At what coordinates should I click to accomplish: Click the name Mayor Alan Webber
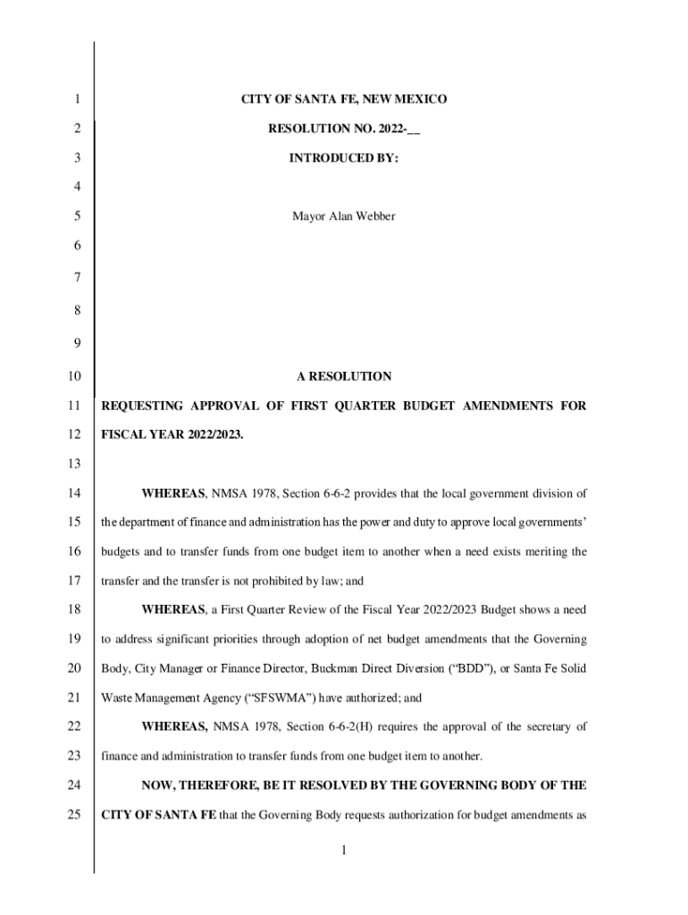tap(344, 216)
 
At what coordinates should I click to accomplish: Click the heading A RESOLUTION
tap(344, 376)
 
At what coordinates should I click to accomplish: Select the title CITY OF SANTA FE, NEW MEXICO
tap(344, 99)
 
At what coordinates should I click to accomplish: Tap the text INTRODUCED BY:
tap(344, 158)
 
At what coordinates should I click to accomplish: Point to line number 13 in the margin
tap(73, 464)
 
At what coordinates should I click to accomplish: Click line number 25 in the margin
tap(73, 815)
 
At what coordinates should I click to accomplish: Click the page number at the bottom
tap(343, 851)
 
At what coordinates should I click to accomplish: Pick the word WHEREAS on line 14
tap(173, 493)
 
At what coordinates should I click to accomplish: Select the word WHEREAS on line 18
tap(173, 610)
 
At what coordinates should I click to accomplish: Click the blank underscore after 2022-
tap(414, 130)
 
